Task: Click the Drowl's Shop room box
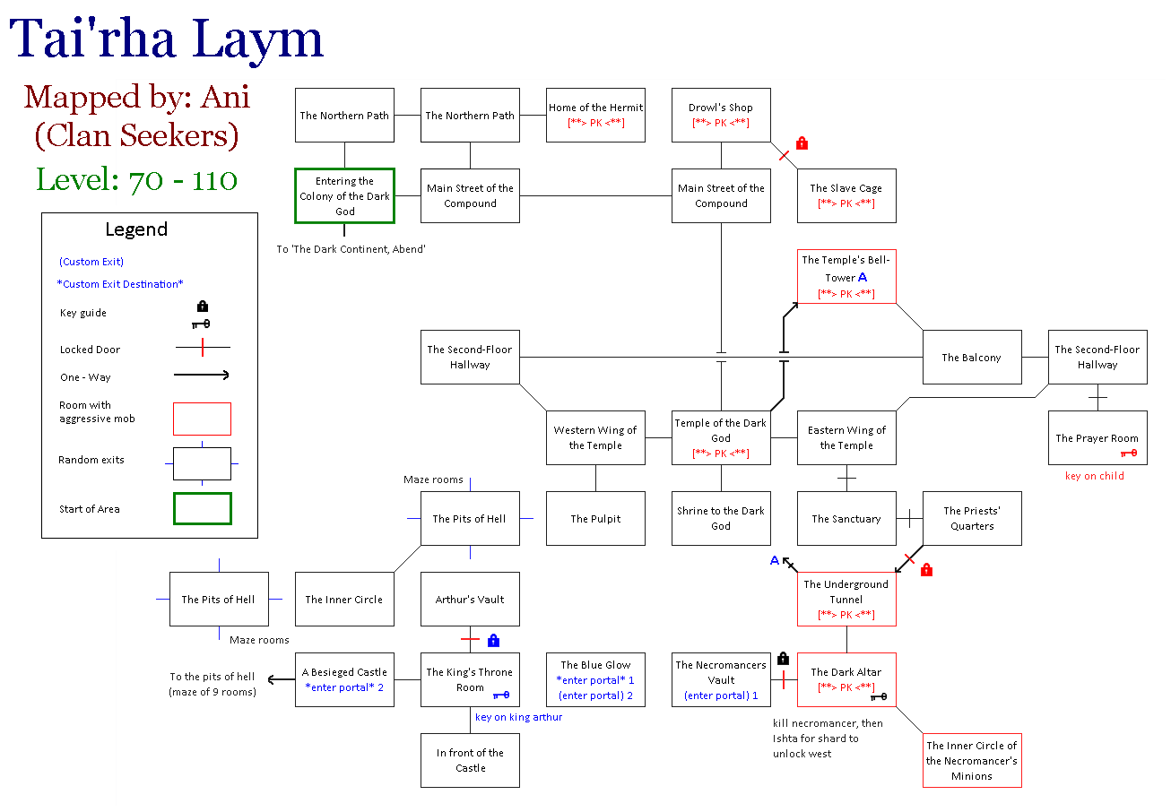pos(721,115)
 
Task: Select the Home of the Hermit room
pos(595,115)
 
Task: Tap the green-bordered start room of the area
pos(344,195)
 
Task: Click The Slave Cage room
pos(846,195)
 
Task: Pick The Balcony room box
pos(971,357)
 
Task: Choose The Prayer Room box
pos(1097,437)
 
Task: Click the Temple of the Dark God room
pos(721,437)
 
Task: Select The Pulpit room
pos(595,518)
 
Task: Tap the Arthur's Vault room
pos(470,599)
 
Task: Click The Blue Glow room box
pos(595,679)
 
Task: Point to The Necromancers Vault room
pos(721,679)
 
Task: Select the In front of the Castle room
pos(470,760)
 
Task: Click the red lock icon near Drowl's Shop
pos(802,143)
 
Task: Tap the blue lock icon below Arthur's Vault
pos(493,640)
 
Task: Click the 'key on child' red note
pos(1094,476)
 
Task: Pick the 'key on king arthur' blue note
pos(518,717)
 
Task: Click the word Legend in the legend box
pos(136,229)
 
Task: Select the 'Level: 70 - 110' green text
pos(136,179)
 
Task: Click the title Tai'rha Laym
pos(167,40)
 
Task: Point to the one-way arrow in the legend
pos(201,376)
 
